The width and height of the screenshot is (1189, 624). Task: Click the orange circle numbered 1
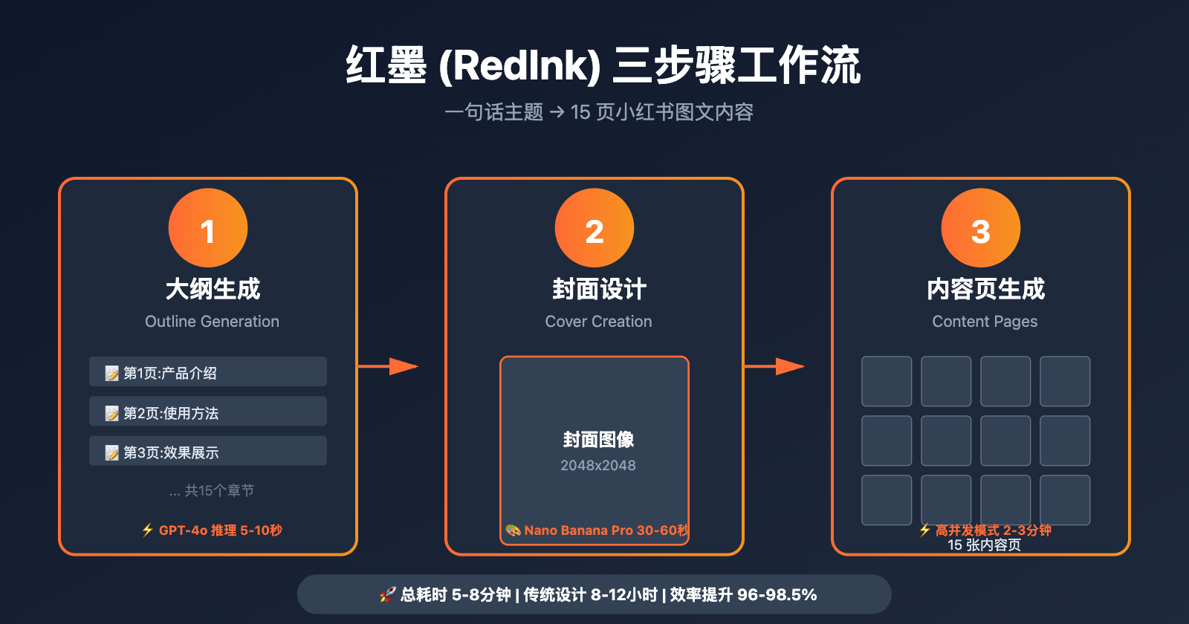208,228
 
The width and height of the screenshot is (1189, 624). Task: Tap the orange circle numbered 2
594,228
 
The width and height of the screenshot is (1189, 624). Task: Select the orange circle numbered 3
981,228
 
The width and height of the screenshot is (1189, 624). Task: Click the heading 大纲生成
213,289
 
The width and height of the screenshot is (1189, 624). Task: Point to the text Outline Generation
212,322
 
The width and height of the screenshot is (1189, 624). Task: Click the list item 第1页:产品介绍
208,372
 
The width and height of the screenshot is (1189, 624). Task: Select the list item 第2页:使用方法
208,412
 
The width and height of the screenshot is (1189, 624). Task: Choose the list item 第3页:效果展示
208,452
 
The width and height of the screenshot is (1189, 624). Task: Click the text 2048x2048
598,466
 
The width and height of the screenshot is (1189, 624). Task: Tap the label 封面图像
598,440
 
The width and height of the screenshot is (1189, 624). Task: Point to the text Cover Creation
598,322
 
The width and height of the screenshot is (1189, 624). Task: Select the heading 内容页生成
985,289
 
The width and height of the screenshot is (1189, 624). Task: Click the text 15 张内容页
984,545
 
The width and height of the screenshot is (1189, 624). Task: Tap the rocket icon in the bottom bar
388,594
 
